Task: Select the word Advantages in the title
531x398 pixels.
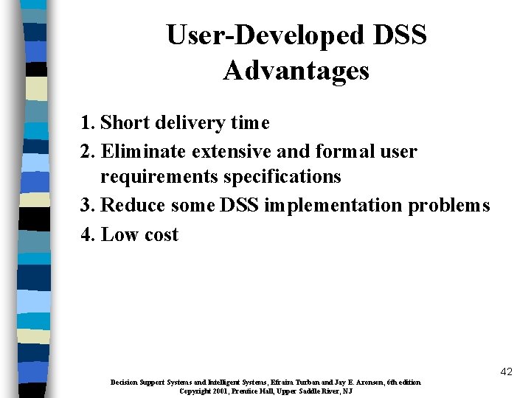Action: coord(296,71)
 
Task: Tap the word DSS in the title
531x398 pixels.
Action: coord(400,35)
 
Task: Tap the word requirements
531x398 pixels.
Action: coord(154,177)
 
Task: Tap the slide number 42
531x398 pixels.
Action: coord(505,372)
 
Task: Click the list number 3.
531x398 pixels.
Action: coord(87,206)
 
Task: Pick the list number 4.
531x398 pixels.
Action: coord(87,234)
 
